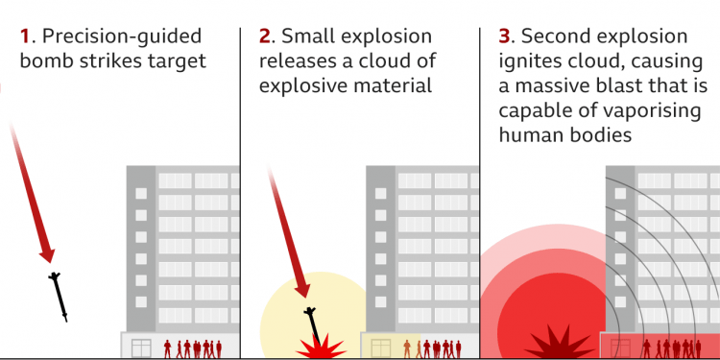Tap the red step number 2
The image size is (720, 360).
point(265,37)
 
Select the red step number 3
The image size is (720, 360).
point(505,37)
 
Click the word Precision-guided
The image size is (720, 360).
point(122,37)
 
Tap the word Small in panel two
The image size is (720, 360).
point(309,37)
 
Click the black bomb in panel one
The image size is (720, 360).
point(60,296)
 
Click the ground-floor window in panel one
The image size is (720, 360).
point(141,347)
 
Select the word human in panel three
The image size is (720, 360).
point(528,135)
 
